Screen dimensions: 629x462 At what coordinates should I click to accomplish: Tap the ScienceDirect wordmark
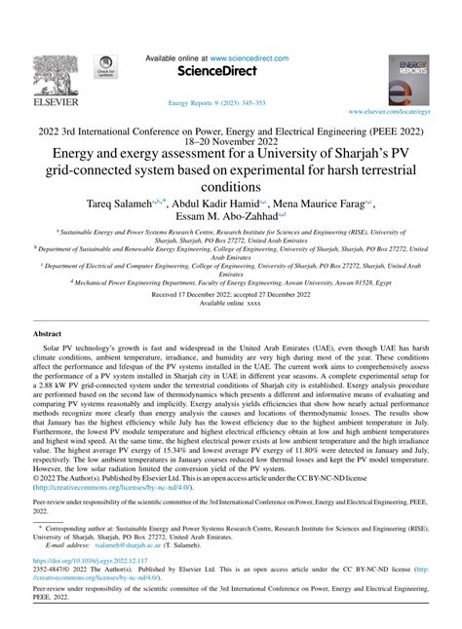[x=230, y=72]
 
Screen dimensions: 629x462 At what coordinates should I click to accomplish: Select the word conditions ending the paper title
[x=231, y=188]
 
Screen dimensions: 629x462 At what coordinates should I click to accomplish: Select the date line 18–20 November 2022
[x=231, y=140]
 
